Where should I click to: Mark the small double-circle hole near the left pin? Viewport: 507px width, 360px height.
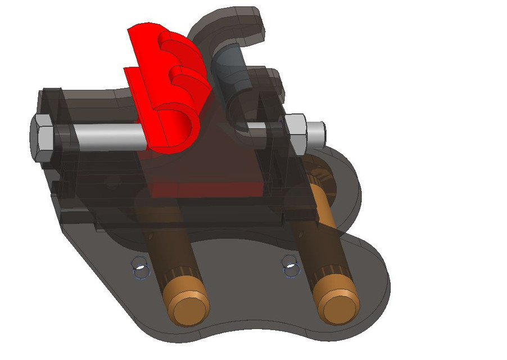[140, 268]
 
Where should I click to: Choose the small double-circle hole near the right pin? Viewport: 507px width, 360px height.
[290, 267]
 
